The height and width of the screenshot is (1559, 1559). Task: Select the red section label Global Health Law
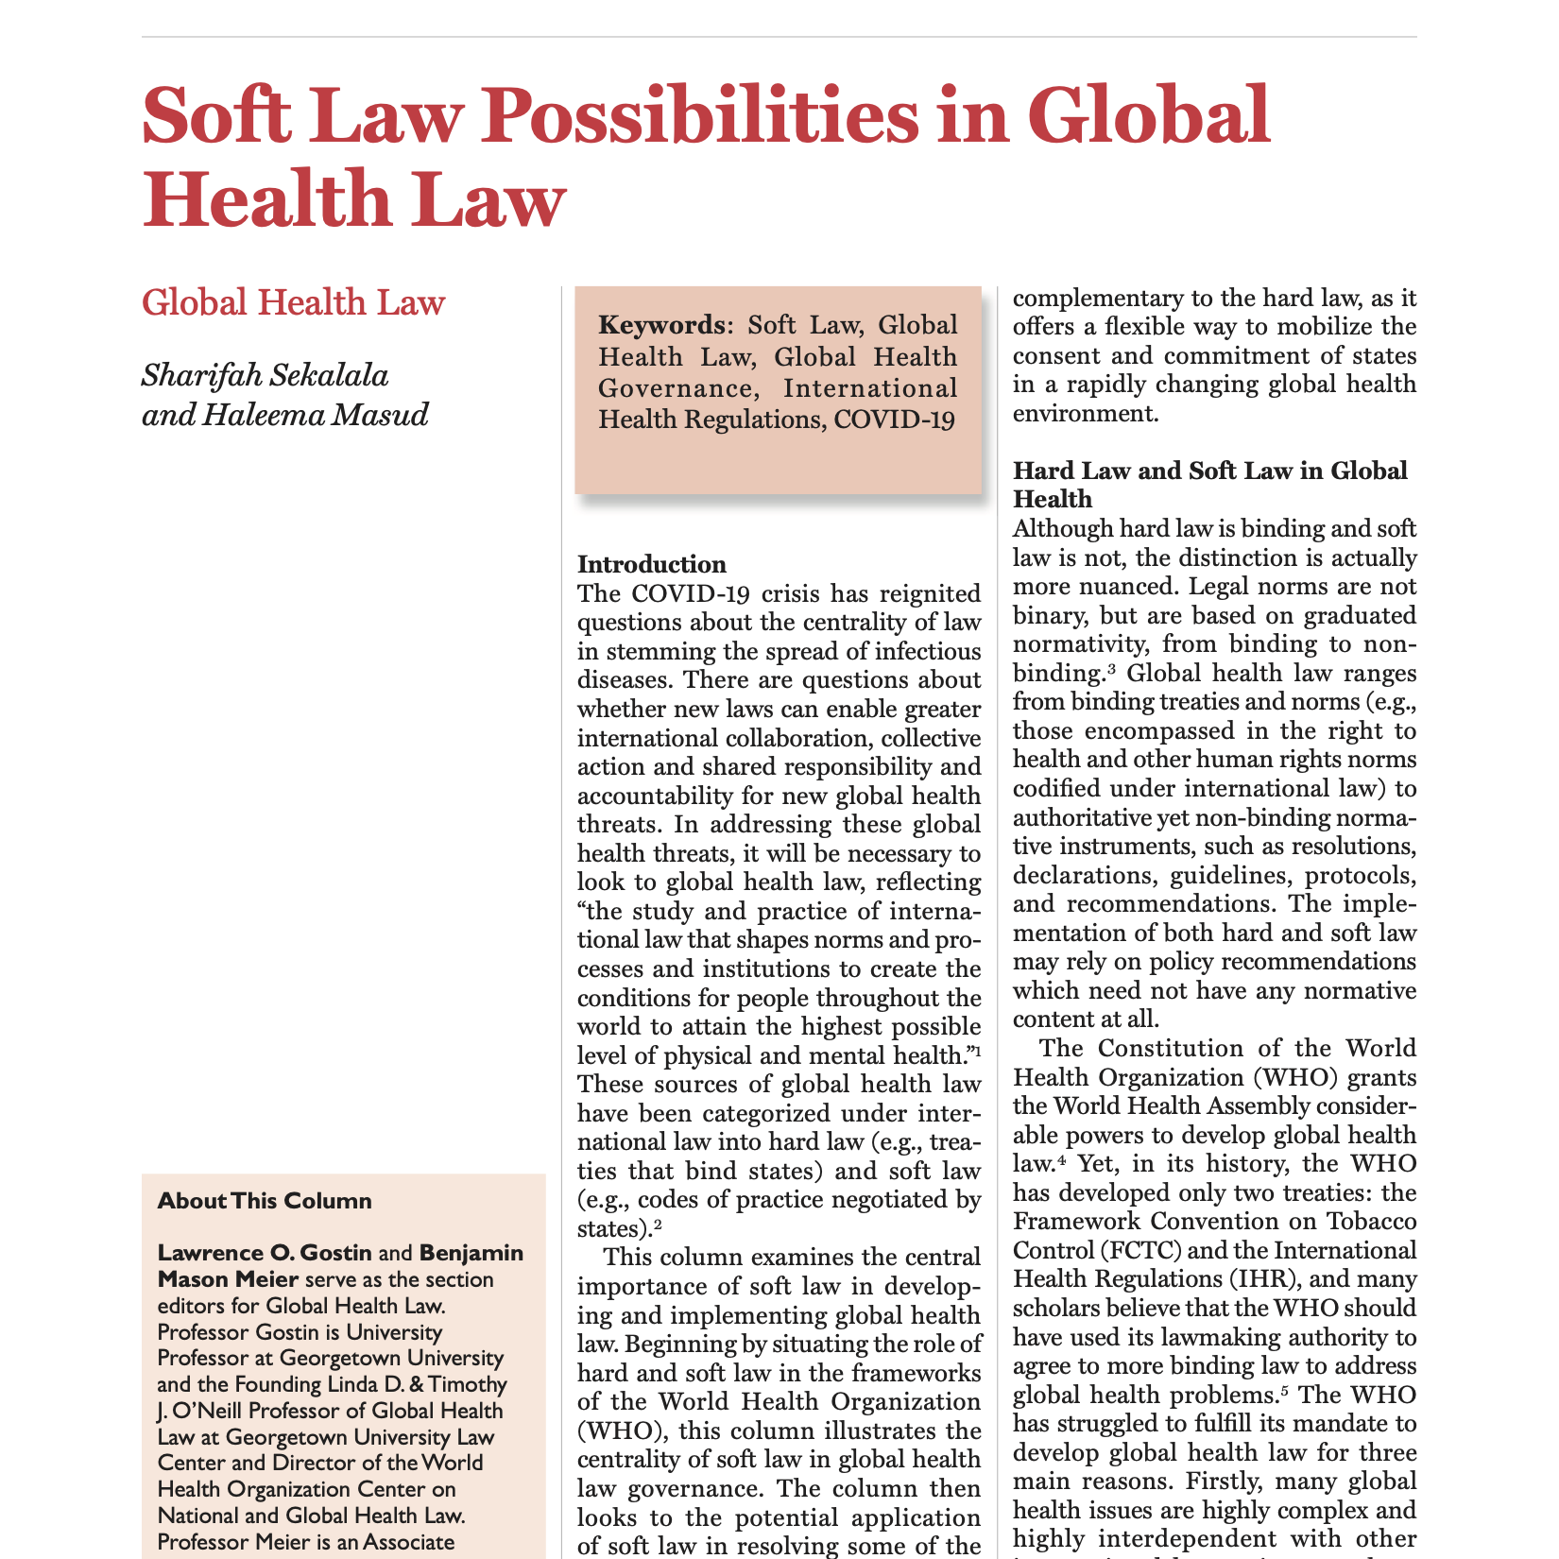pos(293,302)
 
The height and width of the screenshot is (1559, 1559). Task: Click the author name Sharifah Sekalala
pos(265,375)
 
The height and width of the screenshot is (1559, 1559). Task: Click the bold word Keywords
pos(660,325)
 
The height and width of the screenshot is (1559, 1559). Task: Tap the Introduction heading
pos(652,564)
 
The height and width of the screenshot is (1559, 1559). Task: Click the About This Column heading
pos(265,1201)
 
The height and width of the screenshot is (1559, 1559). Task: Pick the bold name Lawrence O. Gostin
pos(265,1253)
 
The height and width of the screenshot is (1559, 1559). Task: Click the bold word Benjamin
pos(471,1253)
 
